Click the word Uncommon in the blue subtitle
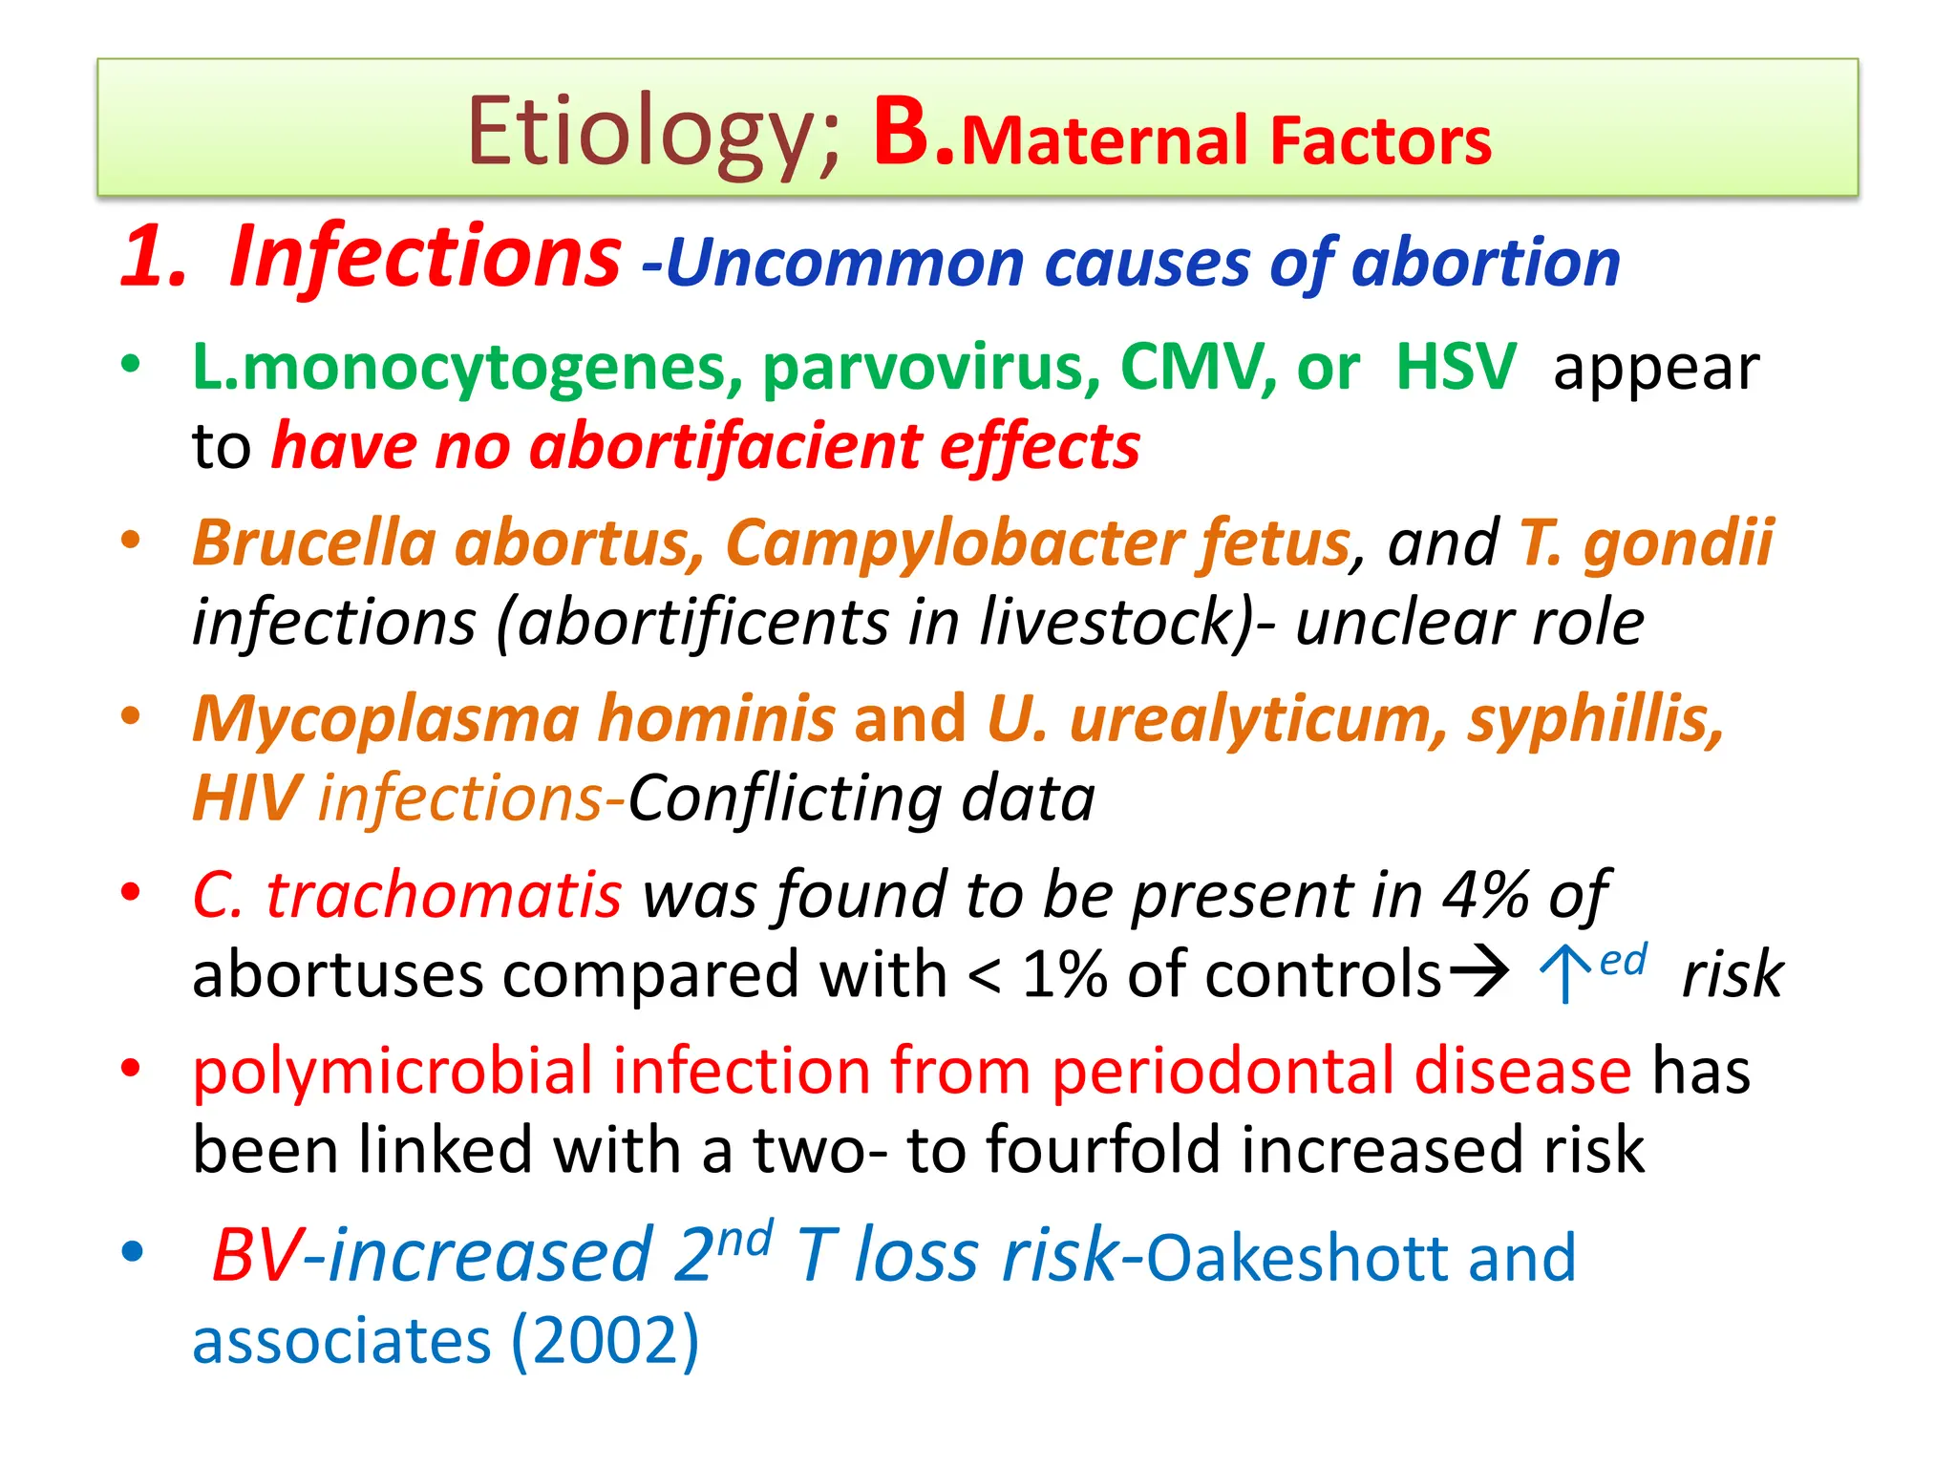click(x=844, y=263)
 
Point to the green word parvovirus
click(x=931, y=368)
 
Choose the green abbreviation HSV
click(x=1456, y=368)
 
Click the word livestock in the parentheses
click(x=1108, y=623)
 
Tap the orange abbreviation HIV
click(x=246, y=798)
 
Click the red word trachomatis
click(x=444, y=896)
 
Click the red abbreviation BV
click(x=256, y=1255)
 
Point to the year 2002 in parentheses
click(x=606, y=1341)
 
